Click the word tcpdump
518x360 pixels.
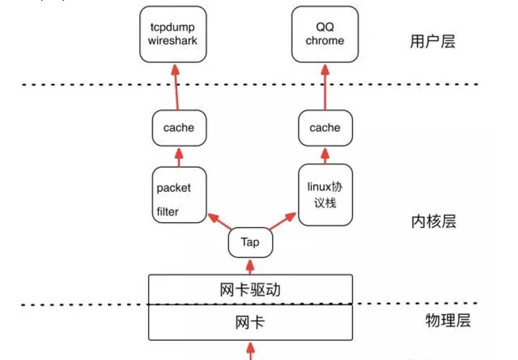(x=173, y=27)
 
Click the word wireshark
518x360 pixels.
(x=173, y=41)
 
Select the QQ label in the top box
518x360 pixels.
(x=325, y=27)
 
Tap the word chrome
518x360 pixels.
(x=325, y=41)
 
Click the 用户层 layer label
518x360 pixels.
(x=433, y=41)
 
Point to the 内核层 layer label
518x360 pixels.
(x=433, y=221)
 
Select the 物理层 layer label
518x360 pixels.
(x=448, y=321)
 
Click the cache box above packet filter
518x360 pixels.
(x=179, y=128)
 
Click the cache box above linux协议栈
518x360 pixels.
(x=325, y=128)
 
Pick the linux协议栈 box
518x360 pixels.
(x=325, y=194)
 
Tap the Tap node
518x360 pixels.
(x=250, y=242)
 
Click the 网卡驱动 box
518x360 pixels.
(x=250, y=290)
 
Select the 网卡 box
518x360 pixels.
(x=250, y=323)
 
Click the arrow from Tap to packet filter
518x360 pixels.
(x=219, y=222)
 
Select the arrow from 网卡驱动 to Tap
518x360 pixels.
(x=250, y=267)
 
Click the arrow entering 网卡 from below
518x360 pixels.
(x=250, y=351)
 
